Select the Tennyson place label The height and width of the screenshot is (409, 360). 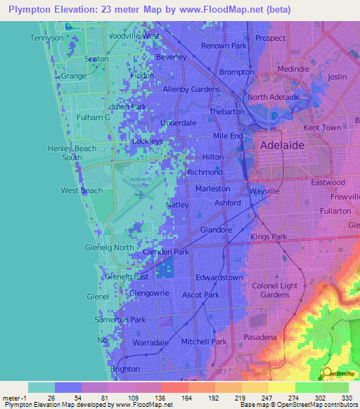(x=46, y=37)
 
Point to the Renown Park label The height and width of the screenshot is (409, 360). (x=224, y=46)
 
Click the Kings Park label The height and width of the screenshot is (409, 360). (x=269, y=238)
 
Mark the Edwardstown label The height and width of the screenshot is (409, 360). (x=219, y=278)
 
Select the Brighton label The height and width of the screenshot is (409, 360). (x=125, y=369)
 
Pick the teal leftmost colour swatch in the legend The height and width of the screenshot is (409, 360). (x=41, y=387)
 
